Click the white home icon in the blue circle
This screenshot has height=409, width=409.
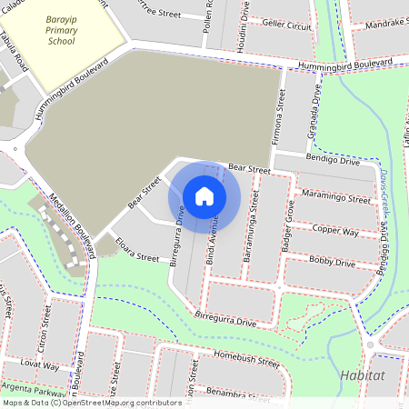(204, 195)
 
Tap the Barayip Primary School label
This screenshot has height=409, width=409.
(61, 28)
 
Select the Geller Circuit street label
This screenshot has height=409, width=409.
(286, 27)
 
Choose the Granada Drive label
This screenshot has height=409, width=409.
(314, 107)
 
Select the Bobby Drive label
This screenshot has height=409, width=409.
(332, 262)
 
